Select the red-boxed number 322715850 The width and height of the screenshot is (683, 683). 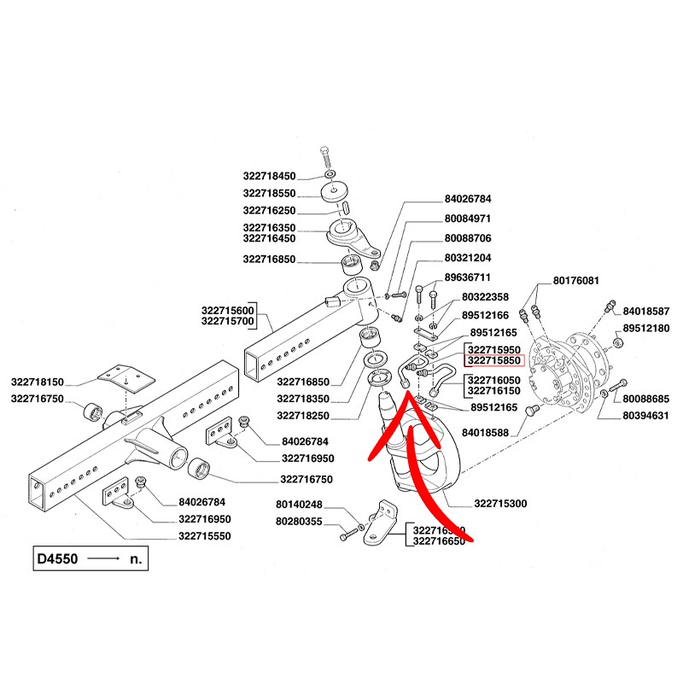[x=493, y=362]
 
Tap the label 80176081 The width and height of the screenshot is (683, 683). [x=576, y=281]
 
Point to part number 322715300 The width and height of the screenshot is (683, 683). [x=499, y=504]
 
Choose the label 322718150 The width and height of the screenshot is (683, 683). [x=39, y=382]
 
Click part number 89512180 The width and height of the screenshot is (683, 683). [x=646, y=328]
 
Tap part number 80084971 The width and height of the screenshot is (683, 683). [x=467, y=219]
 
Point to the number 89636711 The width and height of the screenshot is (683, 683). [x=467, y=277]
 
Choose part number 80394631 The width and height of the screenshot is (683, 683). [x=645, y=416]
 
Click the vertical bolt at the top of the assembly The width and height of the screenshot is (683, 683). [x=328, y=159]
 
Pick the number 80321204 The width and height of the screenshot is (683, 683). [x=467, y=258]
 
